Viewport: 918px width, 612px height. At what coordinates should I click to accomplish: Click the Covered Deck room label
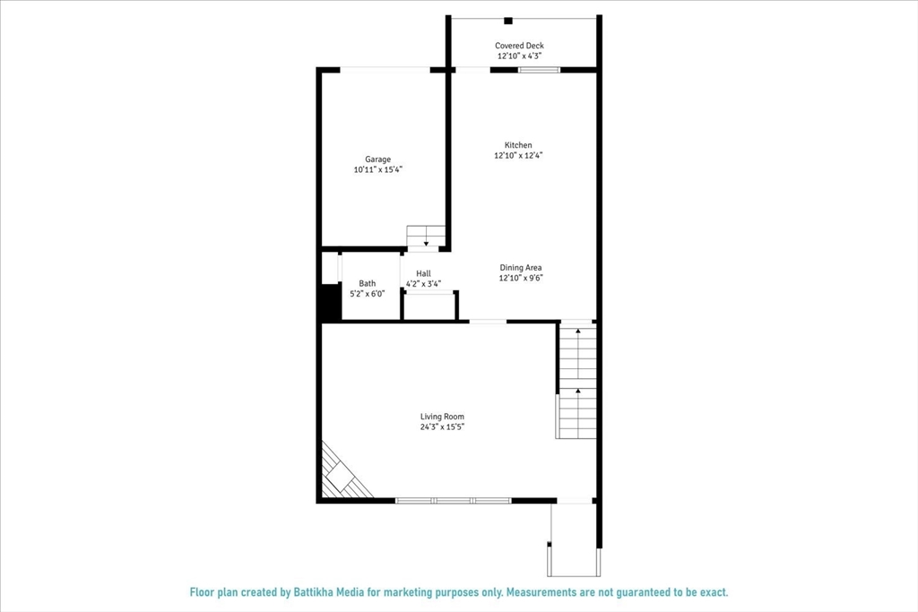pos(519,46)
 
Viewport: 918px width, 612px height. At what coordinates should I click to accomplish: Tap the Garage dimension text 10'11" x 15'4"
pos(377,169)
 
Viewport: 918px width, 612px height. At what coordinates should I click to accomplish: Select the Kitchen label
pos(518,145)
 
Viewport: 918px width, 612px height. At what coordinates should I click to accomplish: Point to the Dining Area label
pos(521,267)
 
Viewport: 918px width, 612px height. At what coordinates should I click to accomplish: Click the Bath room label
pos(368,283)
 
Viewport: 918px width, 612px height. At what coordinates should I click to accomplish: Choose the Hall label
pos(423,273)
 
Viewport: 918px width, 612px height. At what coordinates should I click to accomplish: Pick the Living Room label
pos(443,417)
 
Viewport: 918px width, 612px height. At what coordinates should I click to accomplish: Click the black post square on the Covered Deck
pos(508,21)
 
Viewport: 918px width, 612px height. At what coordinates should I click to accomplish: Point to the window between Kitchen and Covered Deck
pos(539,69)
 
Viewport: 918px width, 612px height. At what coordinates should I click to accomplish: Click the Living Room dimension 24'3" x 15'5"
pos(443,427)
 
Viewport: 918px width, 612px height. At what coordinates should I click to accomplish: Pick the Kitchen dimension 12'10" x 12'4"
pos(518,155)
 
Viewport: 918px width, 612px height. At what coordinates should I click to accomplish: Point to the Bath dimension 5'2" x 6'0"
pos(368,293)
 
